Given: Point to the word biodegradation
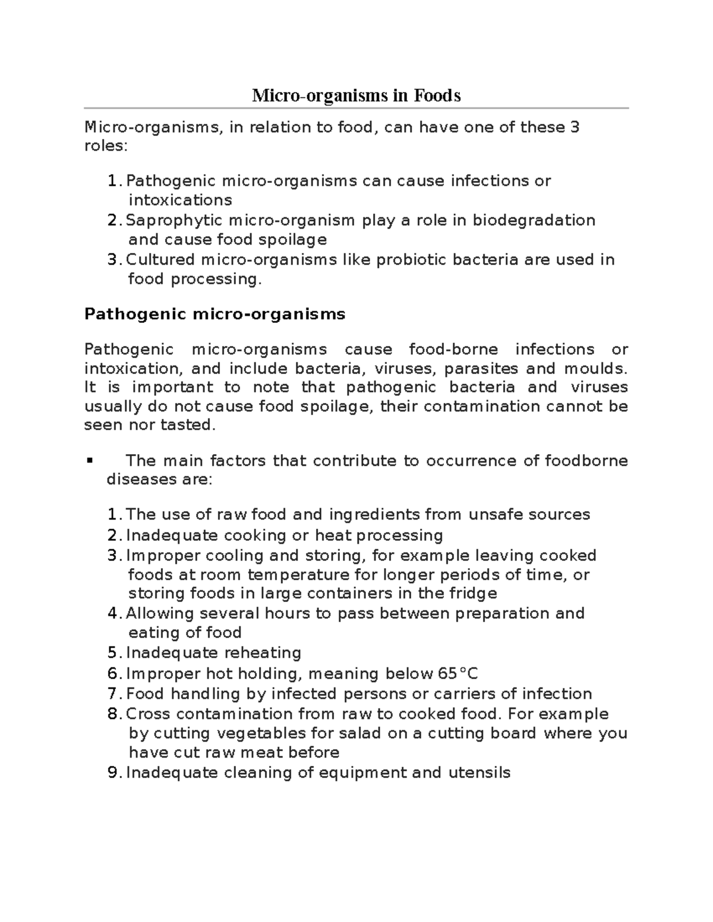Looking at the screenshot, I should coord(534,220).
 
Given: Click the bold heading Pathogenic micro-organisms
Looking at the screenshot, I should coord(214,314).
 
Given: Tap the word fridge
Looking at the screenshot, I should coord(473,594).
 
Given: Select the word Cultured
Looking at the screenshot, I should coord(160,260).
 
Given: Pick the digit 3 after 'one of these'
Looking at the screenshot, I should coord(574,128).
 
